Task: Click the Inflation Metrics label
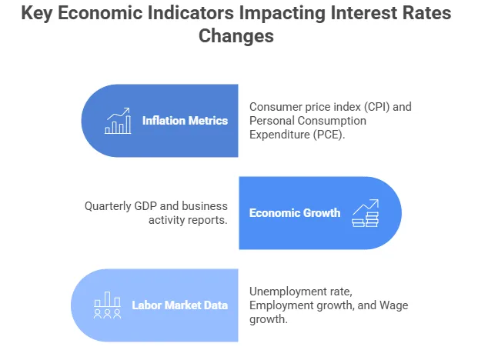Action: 185,120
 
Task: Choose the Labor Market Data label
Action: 179,305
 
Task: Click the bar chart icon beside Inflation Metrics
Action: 118,121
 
